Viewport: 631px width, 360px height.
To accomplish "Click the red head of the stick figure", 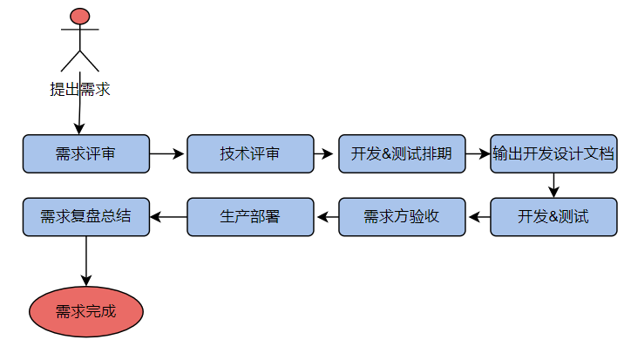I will coord(80,16).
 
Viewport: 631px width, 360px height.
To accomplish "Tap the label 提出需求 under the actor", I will coord(80,89).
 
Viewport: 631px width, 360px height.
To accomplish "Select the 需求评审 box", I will coord(85,154).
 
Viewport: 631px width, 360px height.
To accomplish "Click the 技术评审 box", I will coord(250,154).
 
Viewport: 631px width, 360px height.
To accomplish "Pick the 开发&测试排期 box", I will coord(402,154).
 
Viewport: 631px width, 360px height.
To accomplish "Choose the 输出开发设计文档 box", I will coord(553,154).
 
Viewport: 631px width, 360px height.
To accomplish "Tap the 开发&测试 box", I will coord(553,216).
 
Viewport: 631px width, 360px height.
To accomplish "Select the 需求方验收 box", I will coord(402,216).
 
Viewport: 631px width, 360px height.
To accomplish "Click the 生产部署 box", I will coord(250,216).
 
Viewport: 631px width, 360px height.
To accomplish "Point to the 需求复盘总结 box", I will coord(85,216).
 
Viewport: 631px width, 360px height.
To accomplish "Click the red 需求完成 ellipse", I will coord(85,310).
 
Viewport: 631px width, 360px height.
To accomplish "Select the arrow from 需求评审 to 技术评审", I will coord(167,154).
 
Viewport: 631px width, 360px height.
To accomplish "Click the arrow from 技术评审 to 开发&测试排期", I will coord(325,154).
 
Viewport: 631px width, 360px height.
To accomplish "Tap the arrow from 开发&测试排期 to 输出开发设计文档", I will coord(478,154).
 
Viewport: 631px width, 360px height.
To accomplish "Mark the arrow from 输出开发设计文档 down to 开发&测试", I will coord(553,185).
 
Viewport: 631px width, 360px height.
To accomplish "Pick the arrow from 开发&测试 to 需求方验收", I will coord(478,216).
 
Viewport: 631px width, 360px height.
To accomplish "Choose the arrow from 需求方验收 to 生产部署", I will coord(326,216).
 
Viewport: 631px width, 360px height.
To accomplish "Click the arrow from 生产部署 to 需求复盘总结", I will coord(168,216).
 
